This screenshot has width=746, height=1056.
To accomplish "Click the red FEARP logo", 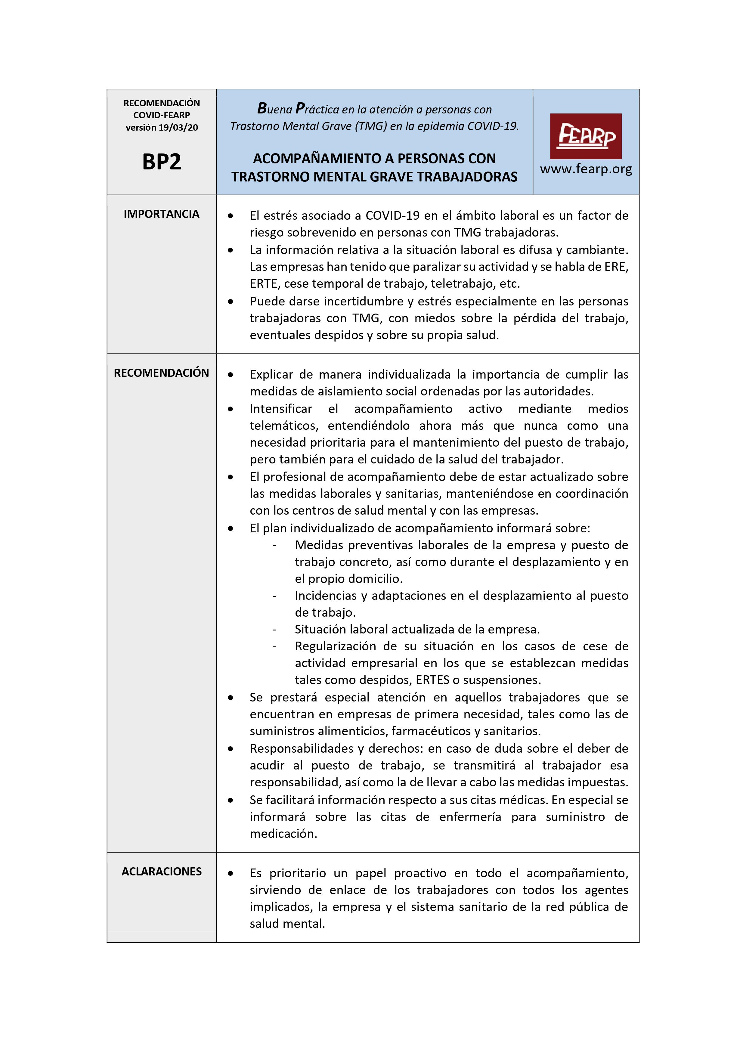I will [x=586, y=136].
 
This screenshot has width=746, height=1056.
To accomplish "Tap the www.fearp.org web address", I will [x=586, y=169].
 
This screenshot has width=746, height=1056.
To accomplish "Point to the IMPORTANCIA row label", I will [x=161, y=214].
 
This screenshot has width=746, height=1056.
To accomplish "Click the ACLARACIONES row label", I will [x=161, y=872].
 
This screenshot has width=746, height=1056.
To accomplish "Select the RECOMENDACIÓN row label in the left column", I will [x=161, y=373].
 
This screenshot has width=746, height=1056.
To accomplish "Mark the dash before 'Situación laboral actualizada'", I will [x=274, y=630].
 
